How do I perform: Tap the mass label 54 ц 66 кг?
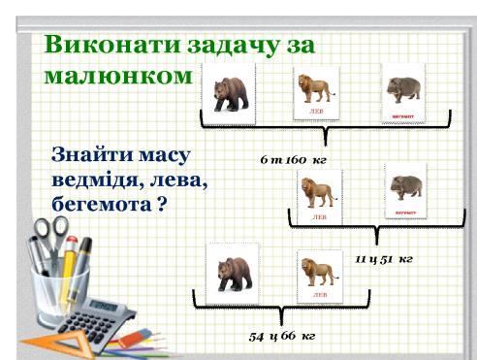point(282,336)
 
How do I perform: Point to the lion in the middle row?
point(319,191)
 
